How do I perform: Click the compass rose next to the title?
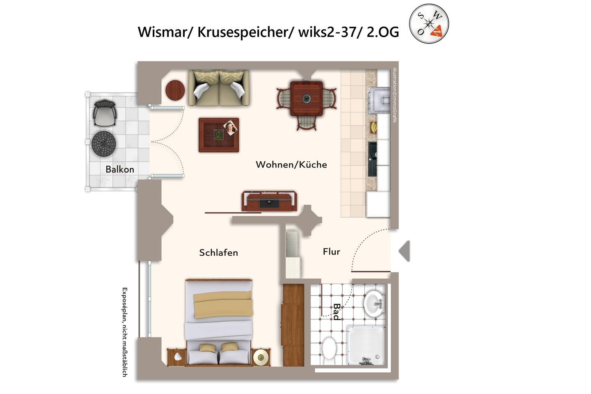429,23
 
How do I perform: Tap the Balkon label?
119,169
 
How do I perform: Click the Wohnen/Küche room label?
291,165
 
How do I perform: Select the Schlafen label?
218,252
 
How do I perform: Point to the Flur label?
331,252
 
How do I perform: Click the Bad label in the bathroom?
337,312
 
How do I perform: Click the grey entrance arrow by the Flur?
405,251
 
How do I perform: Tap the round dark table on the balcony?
104,143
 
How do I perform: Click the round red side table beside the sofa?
175,90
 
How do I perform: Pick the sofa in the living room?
219,88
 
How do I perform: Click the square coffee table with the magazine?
219,135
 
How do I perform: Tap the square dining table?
306,98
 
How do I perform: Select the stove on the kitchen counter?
379,100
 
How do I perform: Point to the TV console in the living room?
269,201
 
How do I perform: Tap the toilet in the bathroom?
329,348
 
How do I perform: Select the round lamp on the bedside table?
260,357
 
